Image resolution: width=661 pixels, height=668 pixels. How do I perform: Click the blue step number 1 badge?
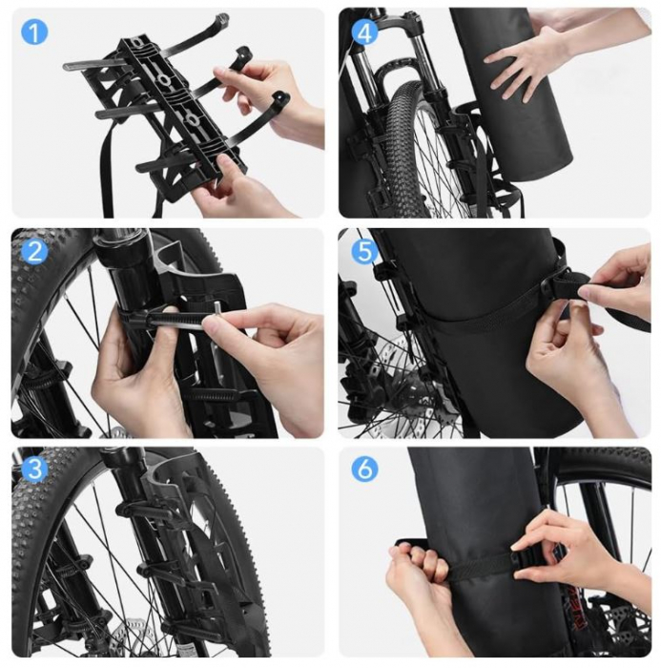click(34, 31)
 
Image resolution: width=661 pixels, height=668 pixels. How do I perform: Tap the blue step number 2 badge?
click(34, 252)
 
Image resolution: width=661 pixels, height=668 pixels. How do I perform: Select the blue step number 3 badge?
click(34, 470)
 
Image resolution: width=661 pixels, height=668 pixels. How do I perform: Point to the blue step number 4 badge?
click(363, 31)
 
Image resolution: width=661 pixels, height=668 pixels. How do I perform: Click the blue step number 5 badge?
click(363, 252)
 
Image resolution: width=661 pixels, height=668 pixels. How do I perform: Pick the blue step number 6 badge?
click(363, 470)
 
